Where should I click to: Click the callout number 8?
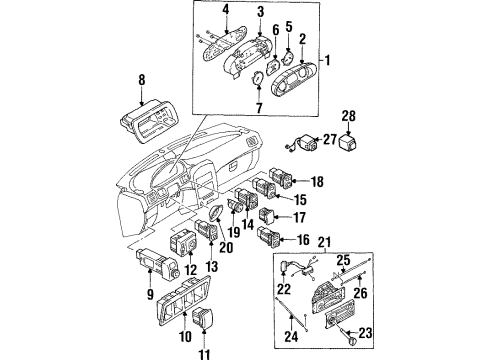pos(142,80)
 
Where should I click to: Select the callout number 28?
pos(348,116)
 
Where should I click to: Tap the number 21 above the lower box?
pos(325,242)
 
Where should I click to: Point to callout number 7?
pos(259,108)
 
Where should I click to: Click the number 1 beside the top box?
pos(328,60)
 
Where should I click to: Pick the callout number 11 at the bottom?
pos(204,354)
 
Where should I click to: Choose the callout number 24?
pos(291,337)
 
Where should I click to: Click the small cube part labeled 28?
pos(348,141)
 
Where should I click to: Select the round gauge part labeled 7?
pos(257,79)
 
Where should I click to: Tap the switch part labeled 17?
pos(267,216)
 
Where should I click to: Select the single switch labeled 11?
pos(202,317)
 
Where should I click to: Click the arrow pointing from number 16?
pos(287,239)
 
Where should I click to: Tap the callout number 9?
pos(150,294)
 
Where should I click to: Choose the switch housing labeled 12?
pos(183,243)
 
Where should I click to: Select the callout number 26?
pos(360,293)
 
